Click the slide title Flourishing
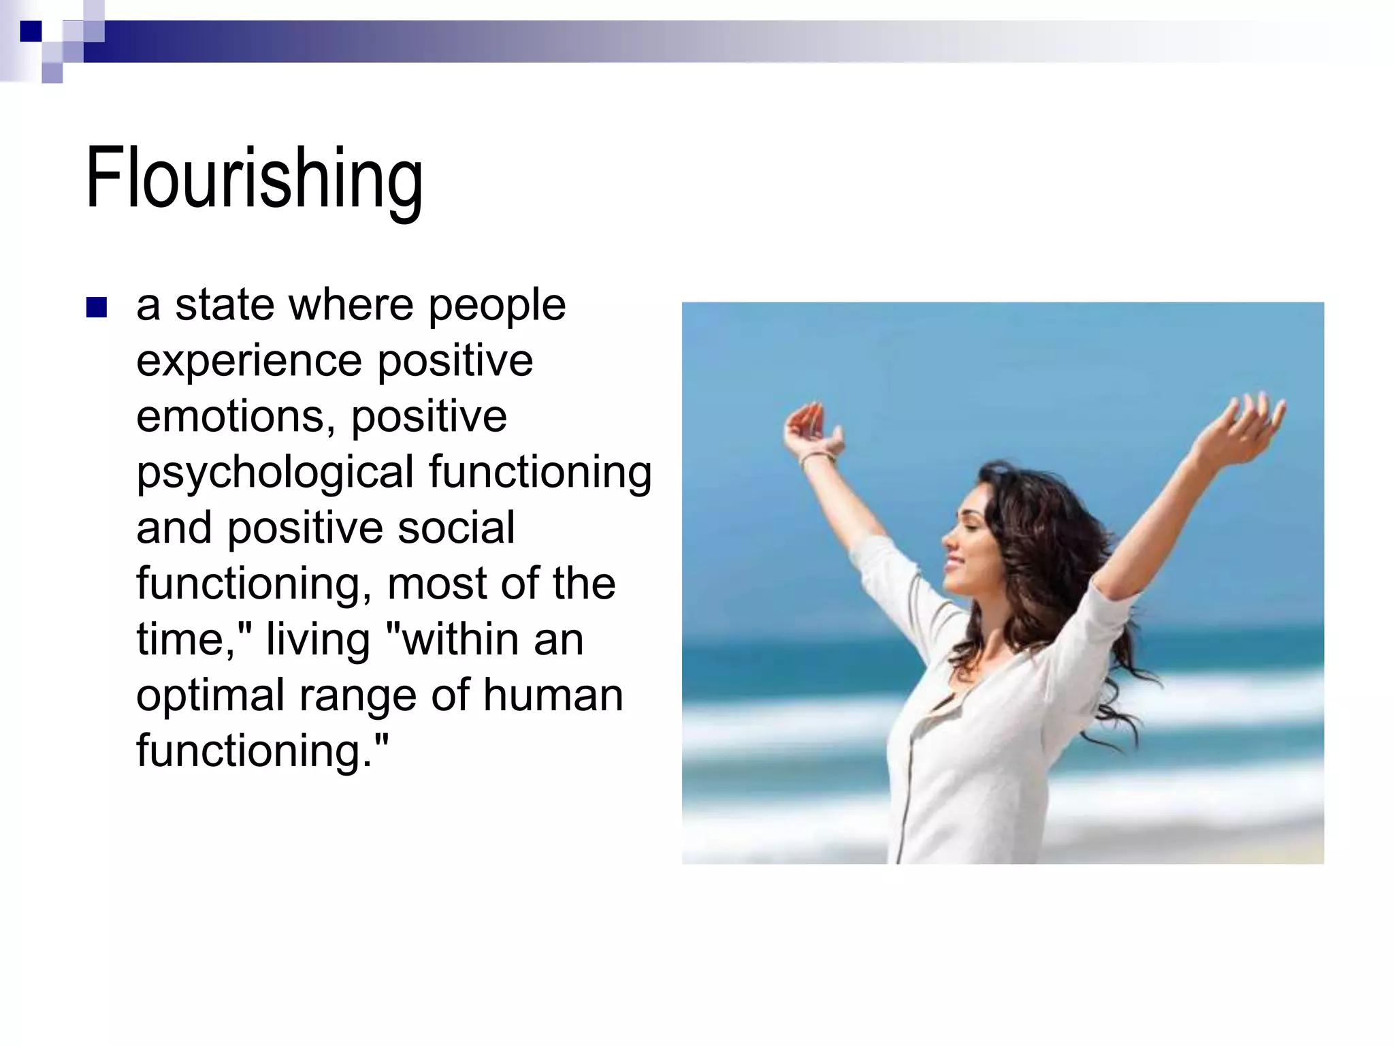click(x=254, y=179)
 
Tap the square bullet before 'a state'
click(x=97, y=308)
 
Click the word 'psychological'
click(x=275, y=472)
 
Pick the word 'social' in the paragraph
click(x=456, y=528)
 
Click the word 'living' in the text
click(x=317, y=639)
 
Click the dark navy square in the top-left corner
click(x=31, y=32)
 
